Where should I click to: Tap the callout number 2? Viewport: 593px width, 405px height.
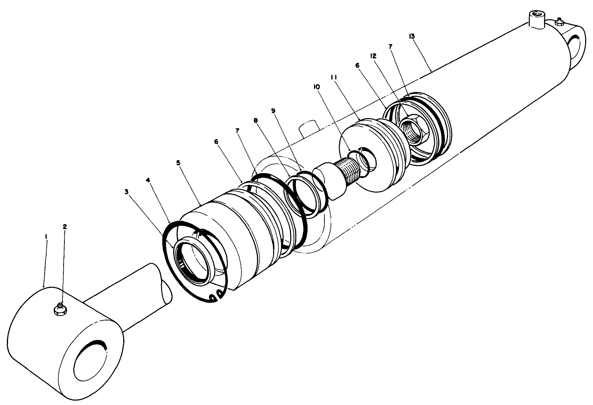tap(65, 226)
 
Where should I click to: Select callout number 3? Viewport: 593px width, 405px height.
tap(126, 192)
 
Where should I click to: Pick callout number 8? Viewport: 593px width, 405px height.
tap(255, 120)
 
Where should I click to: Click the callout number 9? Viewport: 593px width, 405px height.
tap(273, 110)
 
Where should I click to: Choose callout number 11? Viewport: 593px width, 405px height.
tap(334, 77)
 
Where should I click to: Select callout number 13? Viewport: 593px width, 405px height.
tap(411, 36)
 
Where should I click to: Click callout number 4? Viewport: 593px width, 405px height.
tap(149, 181)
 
